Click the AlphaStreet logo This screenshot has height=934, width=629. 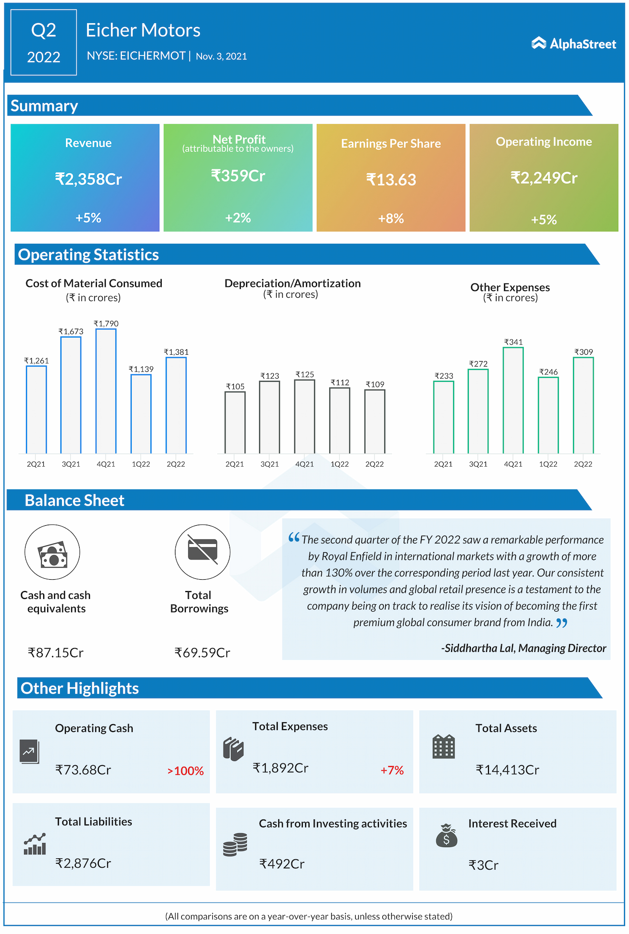(573, 44)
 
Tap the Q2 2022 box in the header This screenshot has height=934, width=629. (44, 43)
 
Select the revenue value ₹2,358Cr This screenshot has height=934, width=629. (88, 179)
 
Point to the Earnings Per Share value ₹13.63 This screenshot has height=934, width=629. (391, 180)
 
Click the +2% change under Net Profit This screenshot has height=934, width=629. (238, 218)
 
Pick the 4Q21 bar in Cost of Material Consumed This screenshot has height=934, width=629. (106, 391)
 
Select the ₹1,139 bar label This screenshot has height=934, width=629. (141, 369)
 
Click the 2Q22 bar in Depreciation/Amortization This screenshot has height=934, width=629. (374, 421)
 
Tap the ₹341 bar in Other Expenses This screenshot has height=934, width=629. (513, 400)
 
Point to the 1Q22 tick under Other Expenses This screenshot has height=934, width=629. (548, 464)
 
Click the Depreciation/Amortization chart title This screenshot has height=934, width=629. (292, 283)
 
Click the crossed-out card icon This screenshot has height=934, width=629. (202, 552)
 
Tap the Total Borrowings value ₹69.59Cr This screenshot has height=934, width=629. (202, 652)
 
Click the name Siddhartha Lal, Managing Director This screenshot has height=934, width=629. (524, 648)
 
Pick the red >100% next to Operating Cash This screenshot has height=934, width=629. (185, 771)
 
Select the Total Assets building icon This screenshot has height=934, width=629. (443, 747)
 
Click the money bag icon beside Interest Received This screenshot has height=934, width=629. (446, 835)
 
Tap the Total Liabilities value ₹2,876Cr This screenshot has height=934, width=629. (83, 863)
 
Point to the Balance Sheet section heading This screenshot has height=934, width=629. (74, 500)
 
